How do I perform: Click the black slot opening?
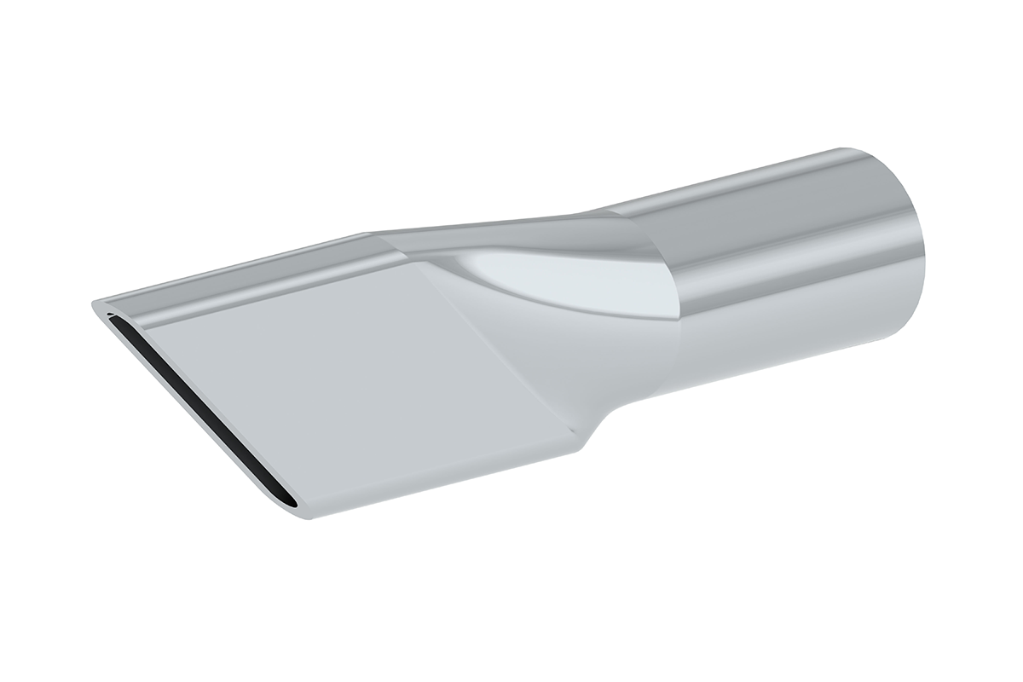[196, 409]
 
